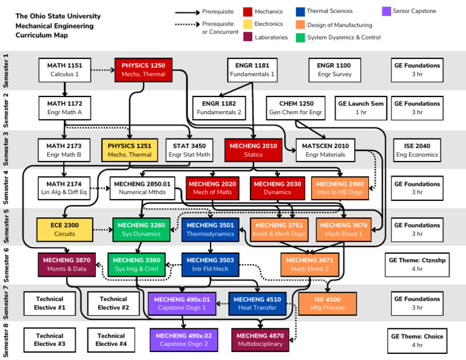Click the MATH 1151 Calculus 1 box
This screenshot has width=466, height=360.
[x=64, y=70]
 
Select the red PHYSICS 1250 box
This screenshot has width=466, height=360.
[x=143, y=70]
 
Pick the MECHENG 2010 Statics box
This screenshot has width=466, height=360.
[x=253, y=150]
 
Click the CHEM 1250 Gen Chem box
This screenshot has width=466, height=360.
[x=296, y=108]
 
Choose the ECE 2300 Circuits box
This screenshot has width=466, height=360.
[x=64, y=229]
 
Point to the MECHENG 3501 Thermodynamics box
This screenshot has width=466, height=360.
[x=210, y=229]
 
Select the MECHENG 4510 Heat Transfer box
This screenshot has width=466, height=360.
[x=257, y=304]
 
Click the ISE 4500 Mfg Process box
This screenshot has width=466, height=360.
[x=327, y=304]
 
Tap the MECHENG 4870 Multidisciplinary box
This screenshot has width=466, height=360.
[x=260, y=340]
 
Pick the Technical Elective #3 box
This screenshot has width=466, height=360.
[x=50, y=340]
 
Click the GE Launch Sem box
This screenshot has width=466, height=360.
[x=361, y=108]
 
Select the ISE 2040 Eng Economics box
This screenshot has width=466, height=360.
[x=417, y=150]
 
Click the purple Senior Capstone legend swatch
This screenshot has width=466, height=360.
[x=386, y=11]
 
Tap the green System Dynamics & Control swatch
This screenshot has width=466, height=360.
[x=300, y=38]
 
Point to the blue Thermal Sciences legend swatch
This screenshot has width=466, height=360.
[x=300, y=11]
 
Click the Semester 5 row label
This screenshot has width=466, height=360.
[x=7, y=226]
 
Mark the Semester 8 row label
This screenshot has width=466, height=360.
[x=7, y=341]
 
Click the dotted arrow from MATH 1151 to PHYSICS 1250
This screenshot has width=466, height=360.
[x=103, y=70]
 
